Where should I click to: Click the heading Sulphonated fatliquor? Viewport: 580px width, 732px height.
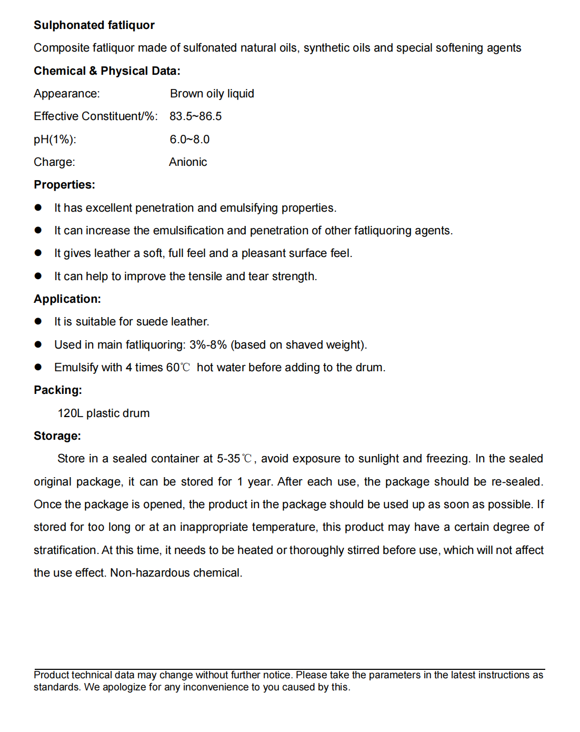(x=94, y=25)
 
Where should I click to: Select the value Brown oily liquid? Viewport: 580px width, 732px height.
(x=212, y=94)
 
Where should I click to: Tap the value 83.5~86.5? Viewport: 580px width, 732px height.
(x=195, y=116)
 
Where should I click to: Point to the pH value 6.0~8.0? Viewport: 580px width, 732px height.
(x=189, y=140)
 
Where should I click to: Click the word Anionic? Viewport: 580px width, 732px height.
(x=188, y=162)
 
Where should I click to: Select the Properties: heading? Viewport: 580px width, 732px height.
(x=64, y=185)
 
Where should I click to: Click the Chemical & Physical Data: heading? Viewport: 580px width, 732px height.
(x=107, y=71)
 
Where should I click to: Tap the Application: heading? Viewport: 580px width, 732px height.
(x=67, y=299)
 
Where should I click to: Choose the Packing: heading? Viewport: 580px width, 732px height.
(x=58, y=390)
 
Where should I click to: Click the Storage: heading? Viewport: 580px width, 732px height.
(x=57, y=436)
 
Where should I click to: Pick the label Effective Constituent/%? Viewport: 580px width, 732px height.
(x=95, y=116)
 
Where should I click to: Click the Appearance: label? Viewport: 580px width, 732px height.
(x=66, y=94)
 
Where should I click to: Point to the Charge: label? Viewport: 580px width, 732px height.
(x=54, y=162)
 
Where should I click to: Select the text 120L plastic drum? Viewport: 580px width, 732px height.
(x=104, y=413)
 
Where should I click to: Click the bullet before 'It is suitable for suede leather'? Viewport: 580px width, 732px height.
(x=38, y=322)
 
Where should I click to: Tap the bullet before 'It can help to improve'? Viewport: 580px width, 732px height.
(x=38, y=276)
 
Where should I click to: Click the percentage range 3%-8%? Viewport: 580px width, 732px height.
(x=208, y=345)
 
